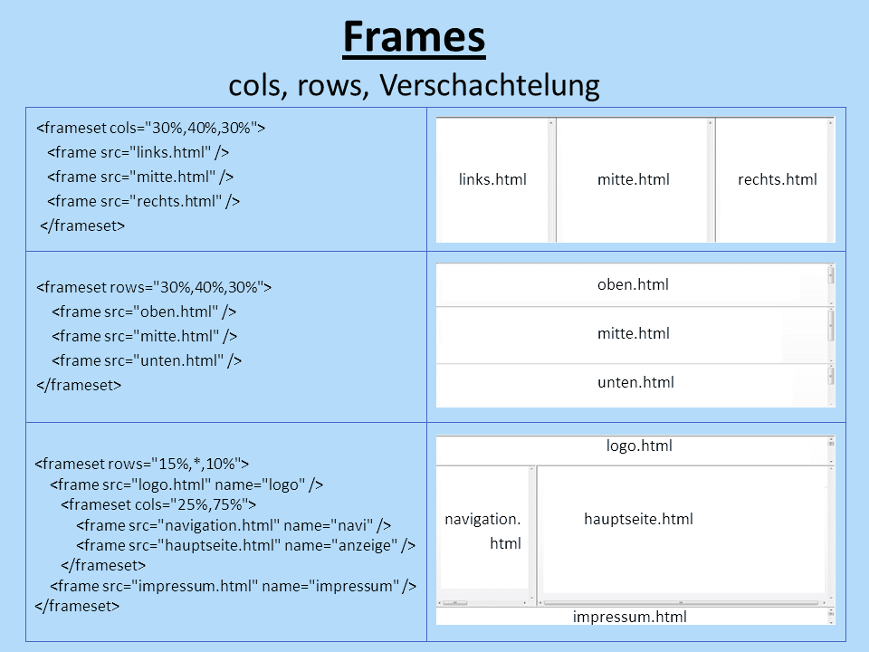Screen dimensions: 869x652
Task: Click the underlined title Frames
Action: pos(414,38)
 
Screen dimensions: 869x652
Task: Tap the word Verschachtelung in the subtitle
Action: pos(490,85)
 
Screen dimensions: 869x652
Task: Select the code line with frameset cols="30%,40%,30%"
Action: pos(151,128)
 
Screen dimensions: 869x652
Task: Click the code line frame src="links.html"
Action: pos(138,152)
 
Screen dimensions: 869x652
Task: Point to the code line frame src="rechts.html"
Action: pos(144,201)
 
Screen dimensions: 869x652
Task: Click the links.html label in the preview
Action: pos(492,179)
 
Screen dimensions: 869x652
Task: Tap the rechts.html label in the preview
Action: pos(778,179)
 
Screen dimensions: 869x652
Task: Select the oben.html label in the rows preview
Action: pos(633,284)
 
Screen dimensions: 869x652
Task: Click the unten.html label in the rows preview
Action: pos(635,382)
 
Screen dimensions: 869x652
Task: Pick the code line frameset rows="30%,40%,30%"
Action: pos(154,287)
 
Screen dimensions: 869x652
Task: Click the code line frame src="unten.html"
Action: pos(147,361)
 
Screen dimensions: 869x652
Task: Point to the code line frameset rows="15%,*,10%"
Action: pos(142,464)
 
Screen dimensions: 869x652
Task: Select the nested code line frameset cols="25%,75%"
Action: pos(158,504)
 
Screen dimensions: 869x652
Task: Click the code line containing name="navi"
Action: pos(234,525)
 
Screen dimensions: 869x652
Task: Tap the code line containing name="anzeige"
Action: pos(246,545)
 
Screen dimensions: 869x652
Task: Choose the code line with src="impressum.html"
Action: pos(234,586)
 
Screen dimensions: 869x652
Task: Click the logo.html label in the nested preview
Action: pos(639,446)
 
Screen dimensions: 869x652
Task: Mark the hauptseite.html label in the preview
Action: pos(638,520)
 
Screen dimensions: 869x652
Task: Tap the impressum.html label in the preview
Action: pos(630,617)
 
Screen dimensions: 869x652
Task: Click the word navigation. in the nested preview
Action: pos(482,520)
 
